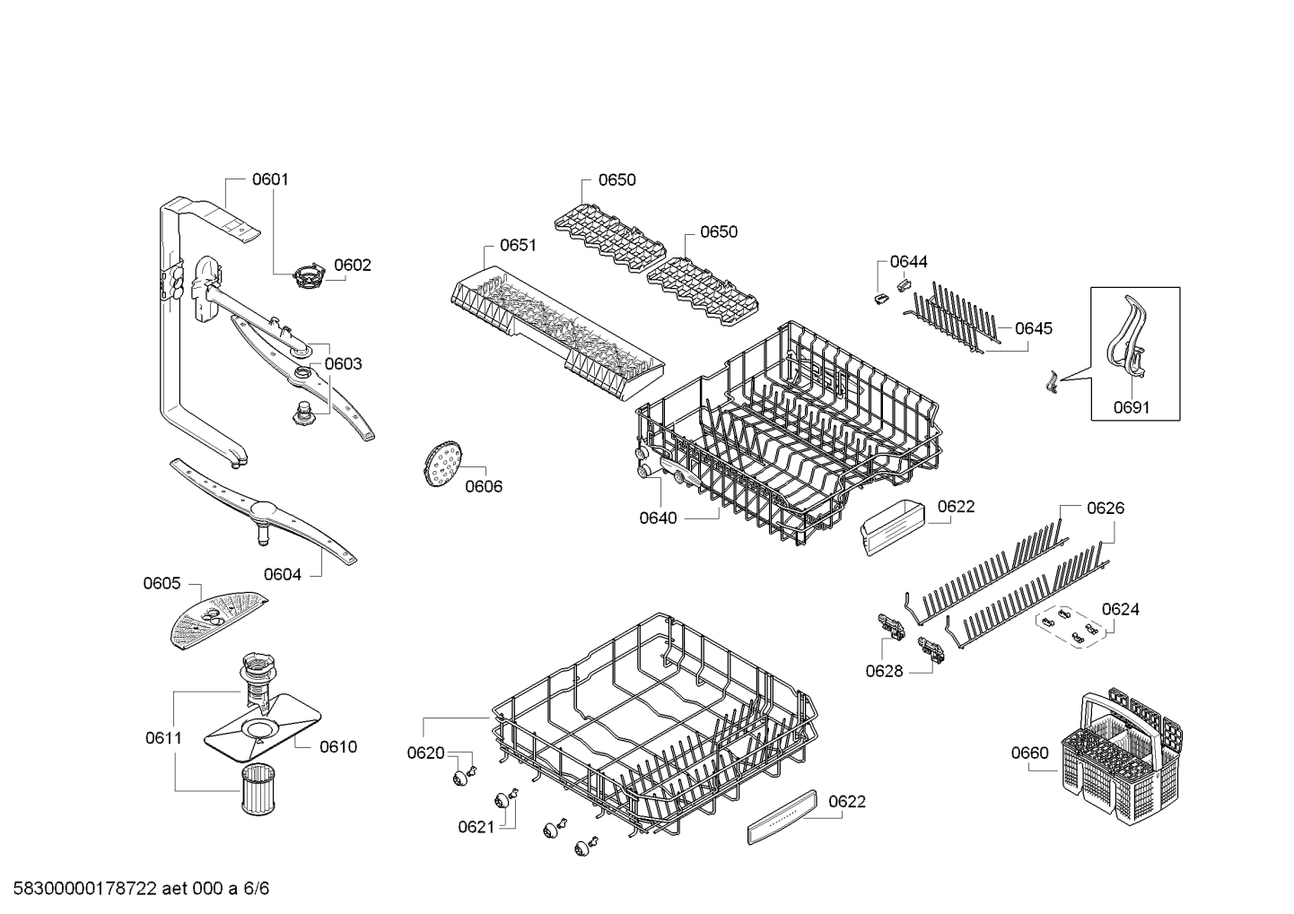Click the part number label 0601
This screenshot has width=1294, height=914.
click(270, 179)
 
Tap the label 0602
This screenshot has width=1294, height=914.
click(353, 265)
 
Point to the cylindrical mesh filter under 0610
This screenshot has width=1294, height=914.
click(260, 789)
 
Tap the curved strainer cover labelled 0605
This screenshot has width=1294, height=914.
click(216, 616)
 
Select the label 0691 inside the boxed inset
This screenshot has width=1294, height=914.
click(1132, 408)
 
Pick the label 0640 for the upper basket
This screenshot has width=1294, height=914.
click(659, 518)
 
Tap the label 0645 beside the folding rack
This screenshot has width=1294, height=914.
click(1034, 329)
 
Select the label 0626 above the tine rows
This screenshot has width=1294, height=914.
click(1106, 509)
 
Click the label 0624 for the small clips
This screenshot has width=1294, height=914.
click(1121, 610)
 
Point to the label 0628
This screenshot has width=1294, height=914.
click(885, 671)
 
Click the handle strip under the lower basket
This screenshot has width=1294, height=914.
click(783, 817)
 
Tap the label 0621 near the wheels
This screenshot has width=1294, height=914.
click(477, 827)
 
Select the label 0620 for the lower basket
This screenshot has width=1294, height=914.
click(425, 753)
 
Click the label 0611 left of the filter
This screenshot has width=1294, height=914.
click(163, 738)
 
